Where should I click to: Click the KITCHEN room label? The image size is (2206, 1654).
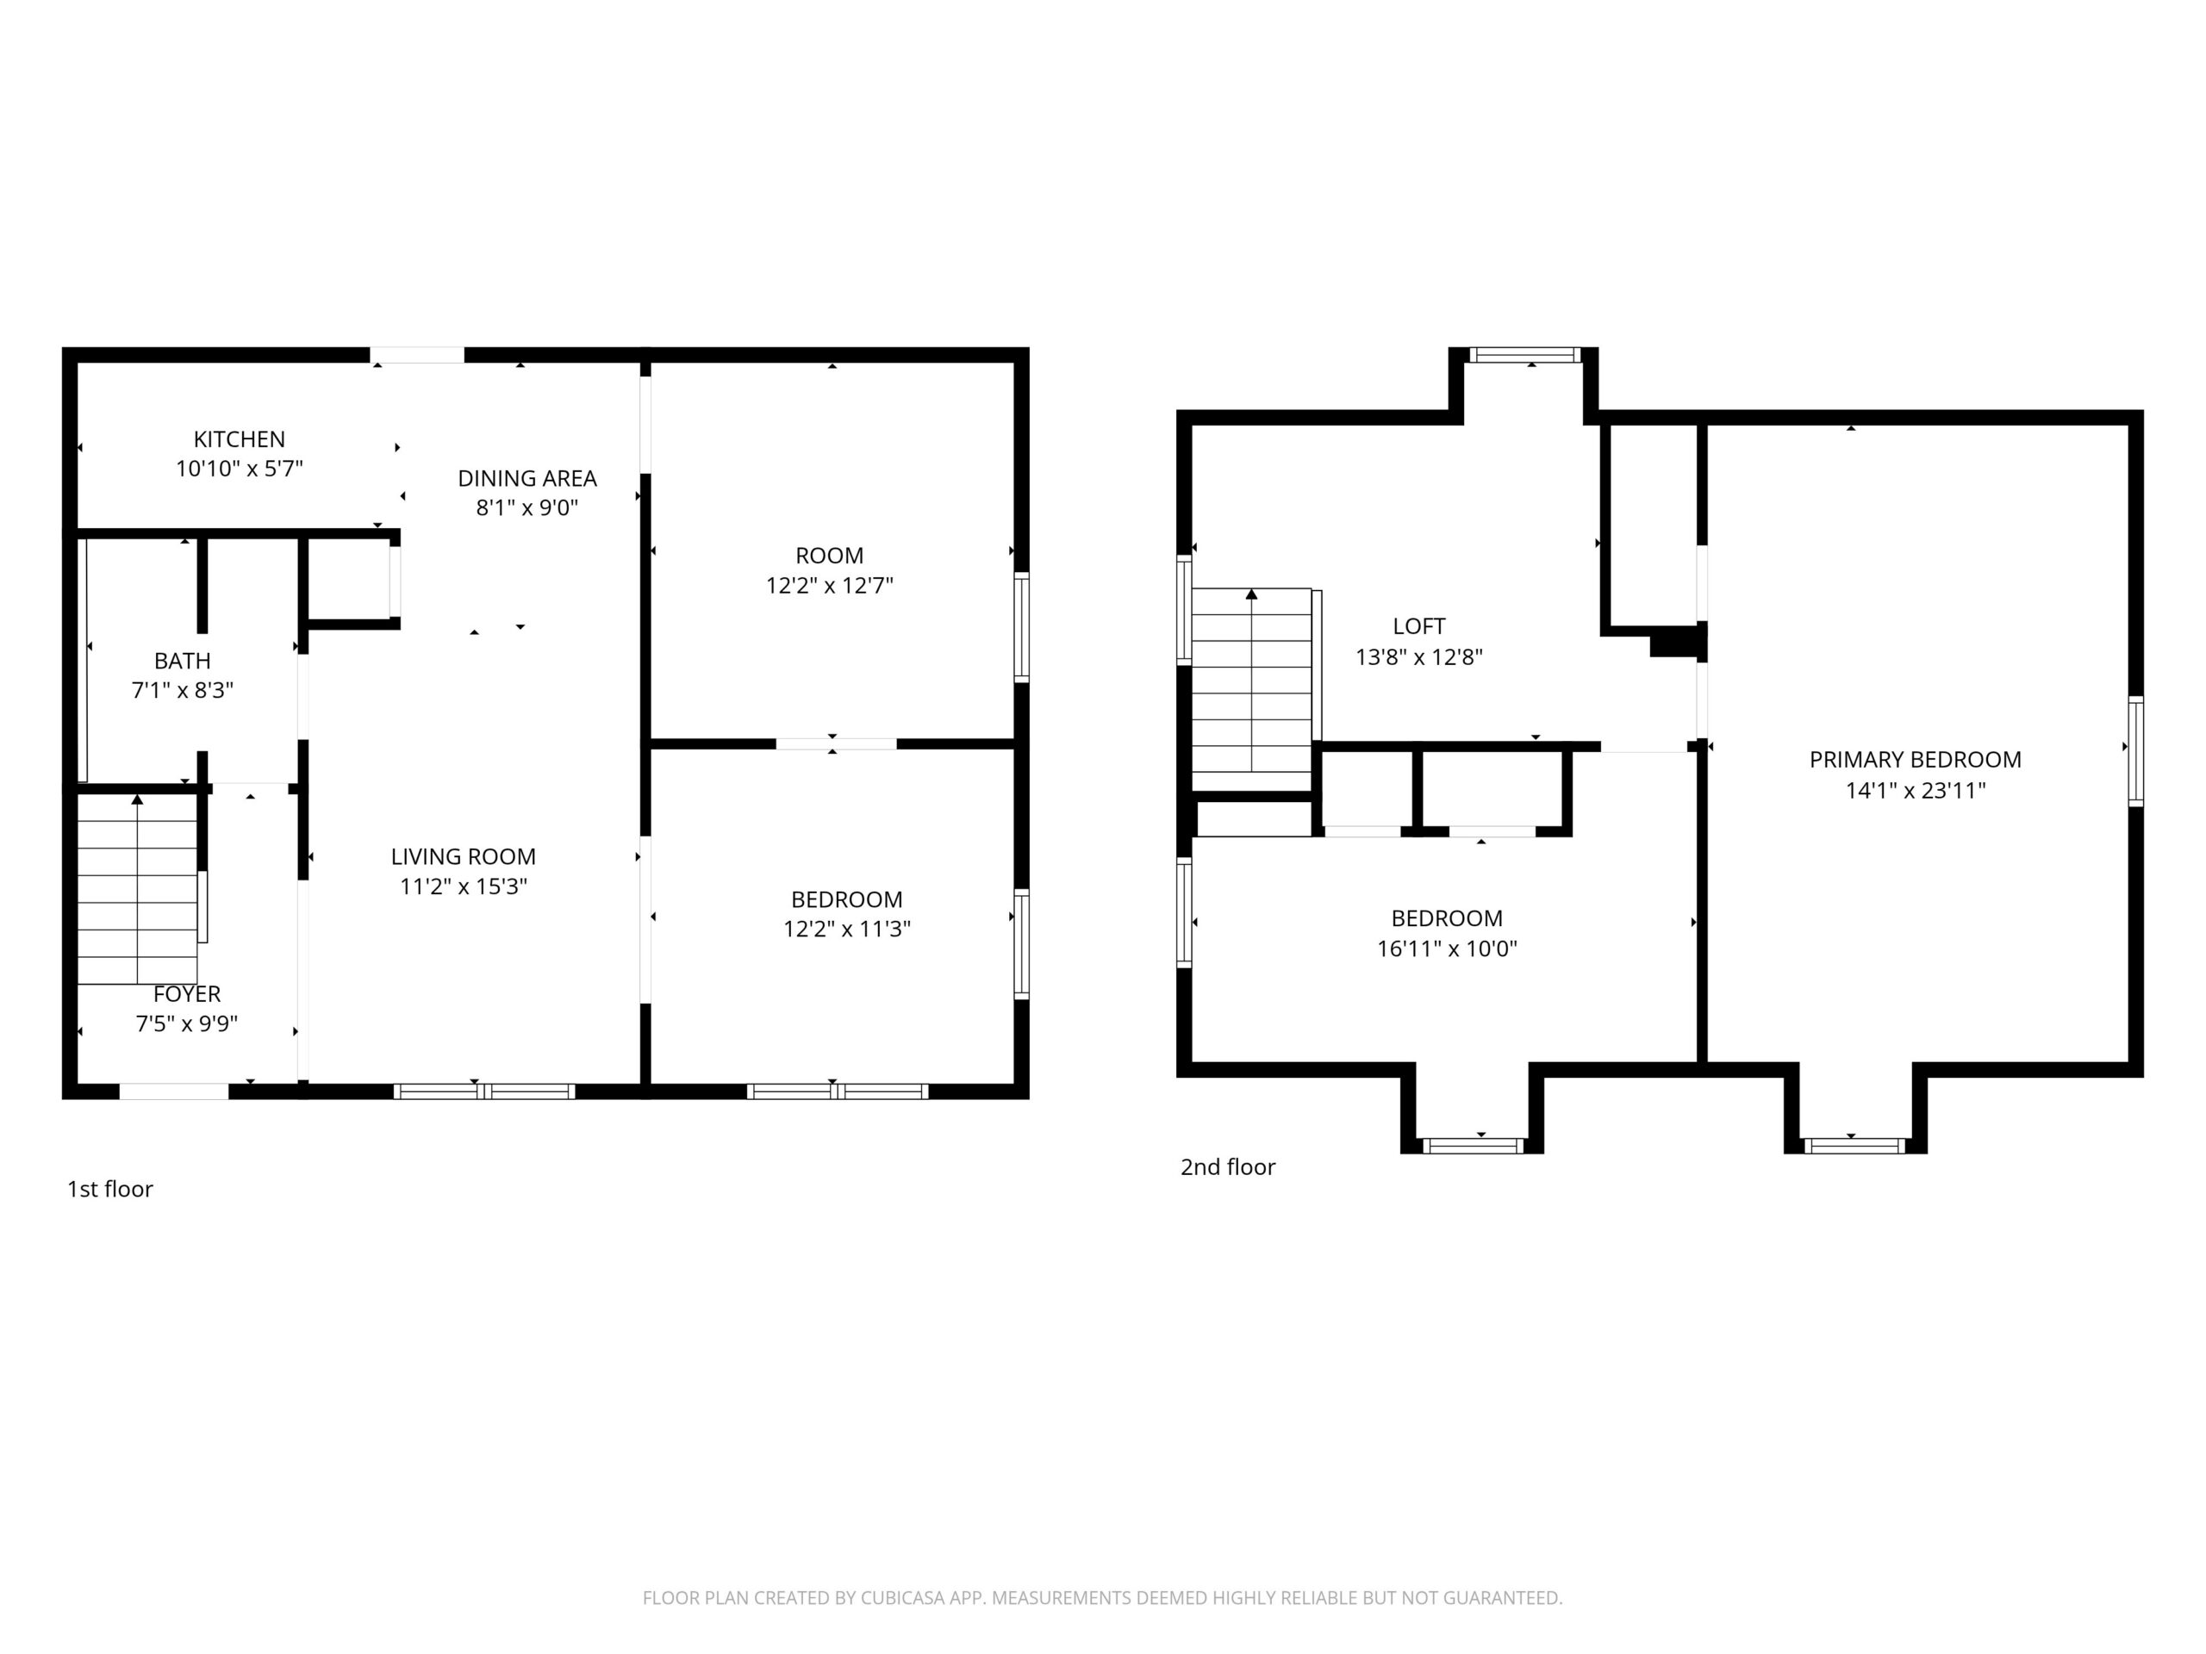click(240, 438)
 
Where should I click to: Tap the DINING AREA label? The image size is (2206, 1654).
click(527, 479)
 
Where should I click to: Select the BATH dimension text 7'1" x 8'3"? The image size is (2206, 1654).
click(183, 690)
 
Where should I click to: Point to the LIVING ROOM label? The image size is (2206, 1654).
click(463, 856)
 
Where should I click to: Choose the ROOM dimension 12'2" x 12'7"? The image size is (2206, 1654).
click(830, 585)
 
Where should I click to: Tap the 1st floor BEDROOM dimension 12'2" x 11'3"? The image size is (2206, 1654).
click(847, 930)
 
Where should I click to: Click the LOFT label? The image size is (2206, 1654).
click(1419, 626)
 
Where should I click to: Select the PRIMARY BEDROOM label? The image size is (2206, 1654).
click(1915, 760)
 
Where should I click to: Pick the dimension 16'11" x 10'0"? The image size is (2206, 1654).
click(1447, 948)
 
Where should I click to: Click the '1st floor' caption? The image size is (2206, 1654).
click(109, 1190)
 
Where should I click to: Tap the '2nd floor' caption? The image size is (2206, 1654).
click(1228, 1167)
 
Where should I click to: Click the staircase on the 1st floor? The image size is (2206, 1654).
click(138, 889)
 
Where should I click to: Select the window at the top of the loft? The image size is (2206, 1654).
click(1525, 355)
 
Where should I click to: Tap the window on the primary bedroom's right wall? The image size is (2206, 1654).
click(2136, 752)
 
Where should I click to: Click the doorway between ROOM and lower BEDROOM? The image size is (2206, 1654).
click(836, 743)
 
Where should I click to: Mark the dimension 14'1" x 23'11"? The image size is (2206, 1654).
click(1916, 791)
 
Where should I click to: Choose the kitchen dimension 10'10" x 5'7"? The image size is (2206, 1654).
click(240, 469)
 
